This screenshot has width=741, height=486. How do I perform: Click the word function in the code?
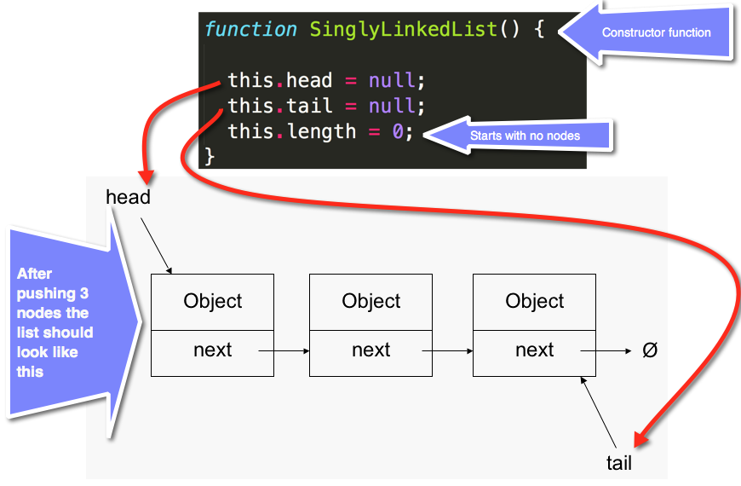[x=250, y=29]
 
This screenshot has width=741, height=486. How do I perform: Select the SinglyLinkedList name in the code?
[x=403, y=29]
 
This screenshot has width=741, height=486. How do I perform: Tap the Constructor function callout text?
[x=656, y=32]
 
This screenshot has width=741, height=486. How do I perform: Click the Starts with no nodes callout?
[x=525, y=136]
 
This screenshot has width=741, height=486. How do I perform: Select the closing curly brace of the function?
[x=210, y=156]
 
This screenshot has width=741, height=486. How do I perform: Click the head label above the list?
[x=128, y=197]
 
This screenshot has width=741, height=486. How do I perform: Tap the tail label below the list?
[x=619, y=463]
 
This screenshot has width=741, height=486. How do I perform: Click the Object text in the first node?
[x=213, y=301]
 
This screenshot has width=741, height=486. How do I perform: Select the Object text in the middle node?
[x=370, y=301]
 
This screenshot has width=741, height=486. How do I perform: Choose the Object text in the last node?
[x=535, y=301]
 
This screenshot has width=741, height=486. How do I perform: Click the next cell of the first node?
[x=213, y=350]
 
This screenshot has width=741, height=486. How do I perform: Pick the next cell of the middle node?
[x=370, y=350]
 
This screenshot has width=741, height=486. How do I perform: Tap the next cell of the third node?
[x=535, y=350]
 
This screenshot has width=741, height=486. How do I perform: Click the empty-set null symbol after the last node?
[x=650, y=350]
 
